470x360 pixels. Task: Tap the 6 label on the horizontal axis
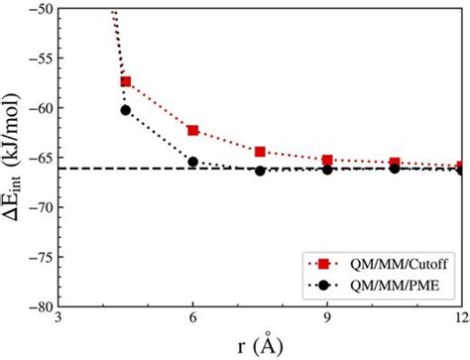192,317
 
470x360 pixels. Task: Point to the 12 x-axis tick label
459,317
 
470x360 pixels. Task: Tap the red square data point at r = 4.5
126,81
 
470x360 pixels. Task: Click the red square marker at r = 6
192,130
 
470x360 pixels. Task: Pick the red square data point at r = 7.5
260,152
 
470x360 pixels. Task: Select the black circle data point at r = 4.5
126,110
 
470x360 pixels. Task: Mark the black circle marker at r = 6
192,162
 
